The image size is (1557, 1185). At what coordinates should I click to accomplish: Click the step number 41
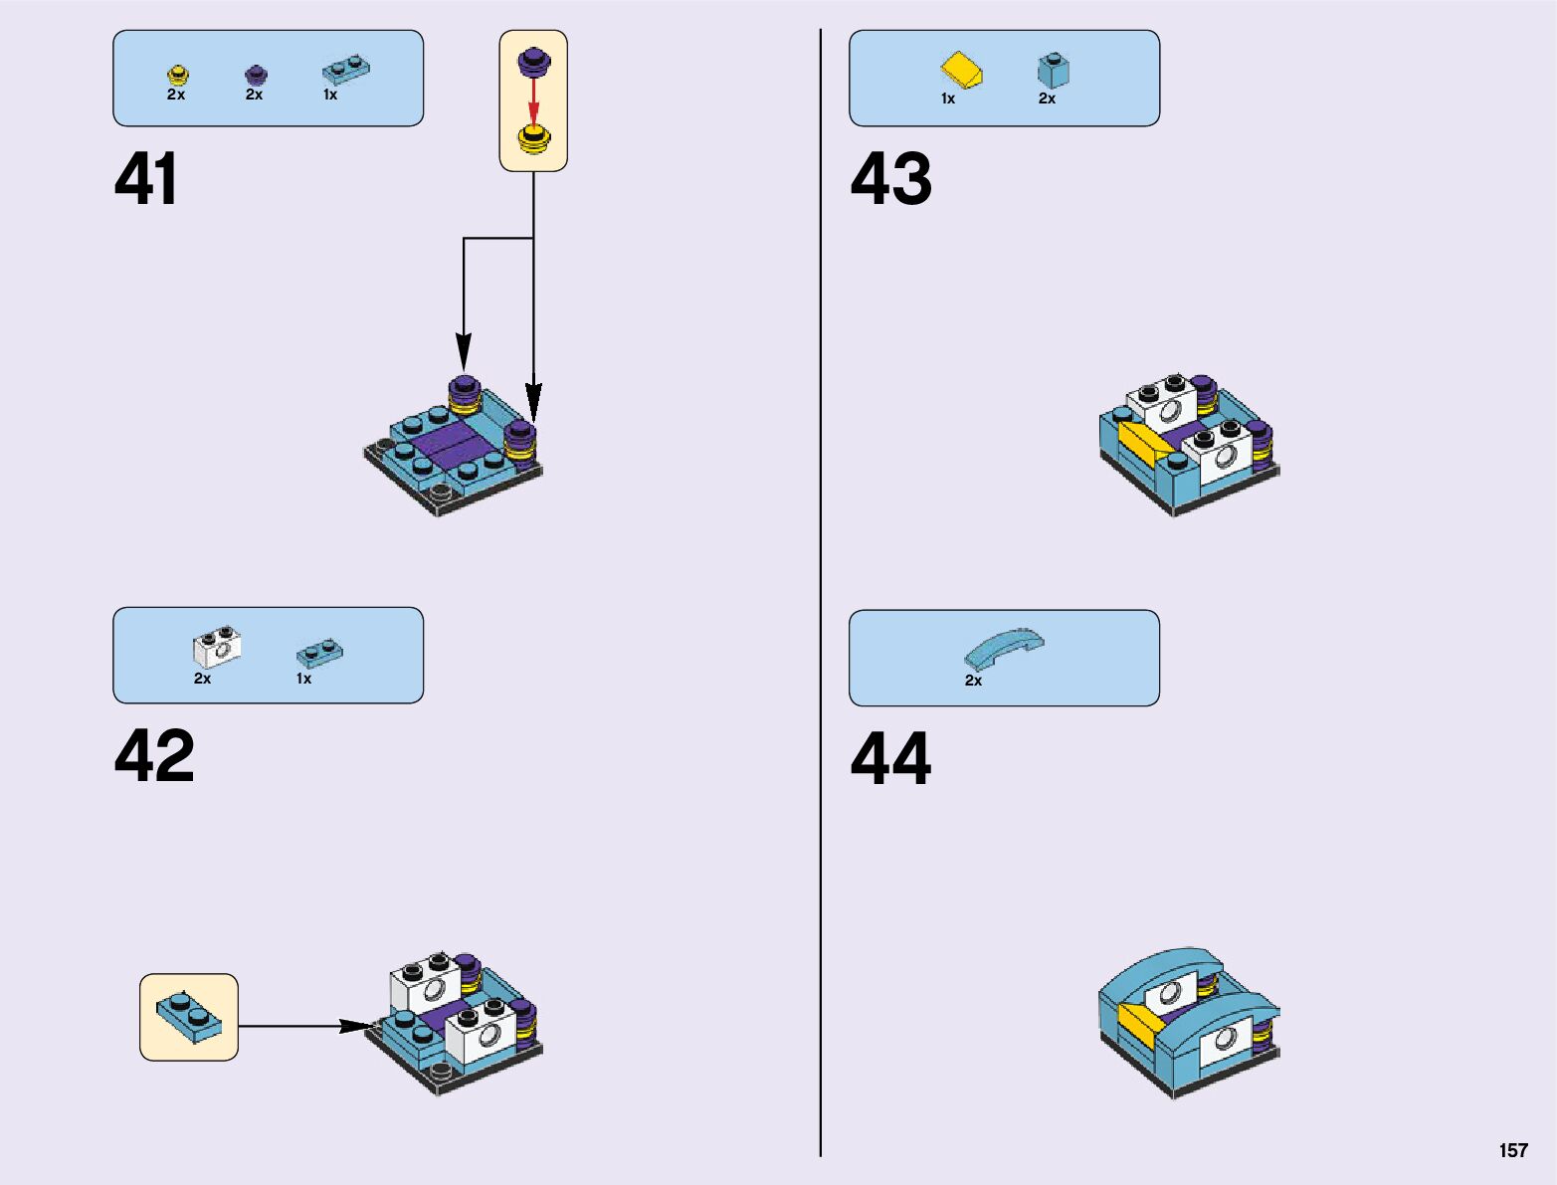coord(146,180)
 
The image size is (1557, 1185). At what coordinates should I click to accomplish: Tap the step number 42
coord(154,756)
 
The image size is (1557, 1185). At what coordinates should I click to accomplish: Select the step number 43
coord(890,180)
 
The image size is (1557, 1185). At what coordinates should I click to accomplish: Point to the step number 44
coord(890,759)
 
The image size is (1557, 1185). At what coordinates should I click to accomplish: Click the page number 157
coord(1512,1150)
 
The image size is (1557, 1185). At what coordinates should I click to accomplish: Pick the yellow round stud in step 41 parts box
coord(177,75)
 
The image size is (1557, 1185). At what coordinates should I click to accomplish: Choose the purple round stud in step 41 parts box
coord(256,75)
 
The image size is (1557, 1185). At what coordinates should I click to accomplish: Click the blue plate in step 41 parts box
coord(346,71)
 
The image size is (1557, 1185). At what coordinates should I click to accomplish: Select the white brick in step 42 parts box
coord(217,649)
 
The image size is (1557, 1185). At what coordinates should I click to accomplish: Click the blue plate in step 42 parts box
coord(319,654)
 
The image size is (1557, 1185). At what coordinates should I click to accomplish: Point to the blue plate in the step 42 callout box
coord(189,1017)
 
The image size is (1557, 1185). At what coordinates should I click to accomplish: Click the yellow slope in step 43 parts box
coord(962,71)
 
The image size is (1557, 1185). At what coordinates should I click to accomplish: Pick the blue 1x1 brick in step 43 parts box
coord(1053,71)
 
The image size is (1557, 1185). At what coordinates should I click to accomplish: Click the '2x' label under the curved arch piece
coord(973,681)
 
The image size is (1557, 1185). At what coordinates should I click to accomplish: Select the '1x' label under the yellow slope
coord(948,99)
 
